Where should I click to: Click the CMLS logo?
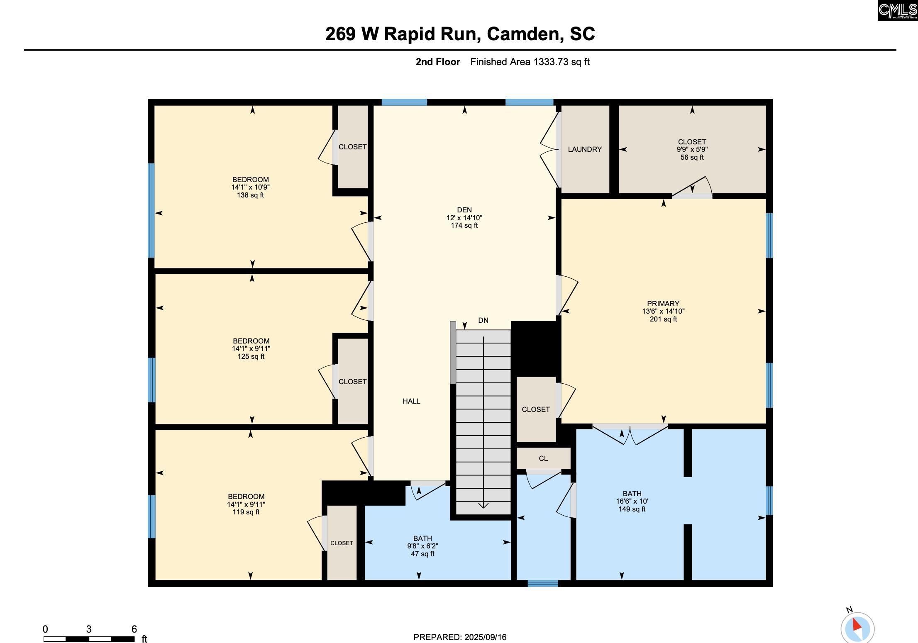[898, 10]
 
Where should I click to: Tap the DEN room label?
[464, 210]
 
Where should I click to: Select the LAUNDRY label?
[585, 149]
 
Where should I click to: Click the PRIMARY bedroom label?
[663, 304]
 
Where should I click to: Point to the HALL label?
[411, 401]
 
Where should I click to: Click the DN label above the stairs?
[483, 320]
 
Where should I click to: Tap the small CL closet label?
[543, 458]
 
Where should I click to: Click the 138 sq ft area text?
[250, 195]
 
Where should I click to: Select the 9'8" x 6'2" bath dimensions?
[422, 546]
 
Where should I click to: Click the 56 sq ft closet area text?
[692, 157]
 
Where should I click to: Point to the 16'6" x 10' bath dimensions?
[632, 501]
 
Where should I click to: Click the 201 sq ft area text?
[663, 319]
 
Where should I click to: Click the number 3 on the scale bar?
[89, 629]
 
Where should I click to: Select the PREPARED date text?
[460, 637]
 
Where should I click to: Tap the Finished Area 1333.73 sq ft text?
[530, 62]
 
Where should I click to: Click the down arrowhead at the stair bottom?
[483, 505]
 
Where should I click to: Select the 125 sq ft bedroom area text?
[251, 357]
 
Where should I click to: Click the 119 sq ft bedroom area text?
[246, 512]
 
